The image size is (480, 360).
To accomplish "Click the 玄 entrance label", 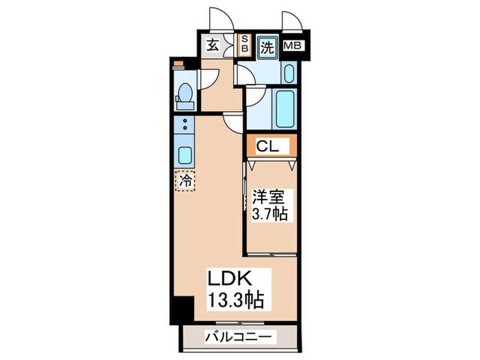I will click(212, 47).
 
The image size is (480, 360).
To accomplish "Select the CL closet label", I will click(269, 146).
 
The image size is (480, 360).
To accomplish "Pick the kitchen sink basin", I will click(184, 152).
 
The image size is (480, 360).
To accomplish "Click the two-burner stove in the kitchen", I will click(184, 124).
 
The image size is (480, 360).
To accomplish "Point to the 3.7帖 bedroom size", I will click(269, 213).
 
